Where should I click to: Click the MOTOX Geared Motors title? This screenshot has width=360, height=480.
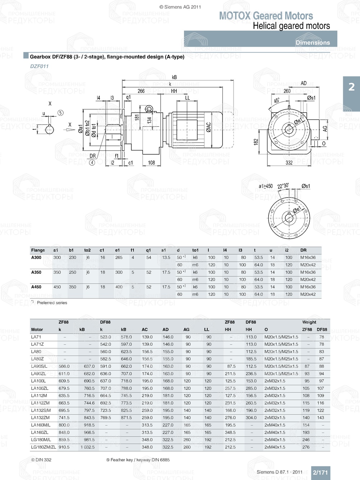[x=266, y=16]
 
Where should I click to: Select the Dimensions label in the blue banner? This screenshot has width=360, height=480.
[x=312, y=42]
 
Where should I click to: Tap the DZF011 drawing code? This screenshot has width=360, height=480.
[x=39, y=66]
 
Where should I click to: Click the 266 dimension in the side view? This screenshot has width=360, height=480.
[x=141, y=91]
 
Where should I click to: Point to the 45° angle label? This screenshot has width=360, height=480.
[x=276, y=100]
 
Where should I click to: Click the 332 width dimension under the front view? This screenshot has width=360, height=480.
[x=289, y=163]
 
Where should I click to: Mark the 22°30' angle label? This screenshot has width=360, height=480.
[x=283, y=186]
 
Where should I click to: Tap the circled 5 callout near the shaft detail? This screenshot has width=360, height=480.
[x=60, y=113]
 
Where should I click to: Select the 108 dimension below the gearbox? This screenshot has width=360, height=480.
[x=151, y=163]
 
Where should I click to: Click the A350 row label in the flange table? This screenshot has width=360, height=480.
[x=36, y=272]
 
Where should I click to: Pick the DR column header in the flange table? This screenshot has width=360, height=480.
[x=303, y=250]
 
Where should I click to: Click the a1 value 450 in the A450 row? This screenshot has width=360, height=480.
[x=57, y=287]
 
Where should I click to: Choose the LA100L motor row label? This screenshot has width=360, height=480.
[x=38, y=381]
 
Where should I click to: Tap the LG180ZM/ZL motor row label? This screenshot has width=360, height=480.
[x=44, y=447]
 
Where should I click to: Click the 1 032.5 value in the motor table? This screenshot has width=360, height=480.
[x=87, y=447]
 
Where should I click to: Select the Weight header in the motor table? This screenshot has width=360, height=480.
[x=309, y=322]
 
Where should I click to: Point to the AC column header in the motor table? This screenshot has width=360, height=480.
[x=145, y=330]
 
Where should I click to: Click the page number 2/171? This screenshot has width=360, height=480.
[x=320, y=472]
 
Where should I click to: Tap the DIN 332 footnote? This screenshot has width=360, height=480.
[x=41, y=460]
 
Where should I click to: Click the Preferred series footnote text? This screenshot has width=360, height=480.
[x=52, y=303]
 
